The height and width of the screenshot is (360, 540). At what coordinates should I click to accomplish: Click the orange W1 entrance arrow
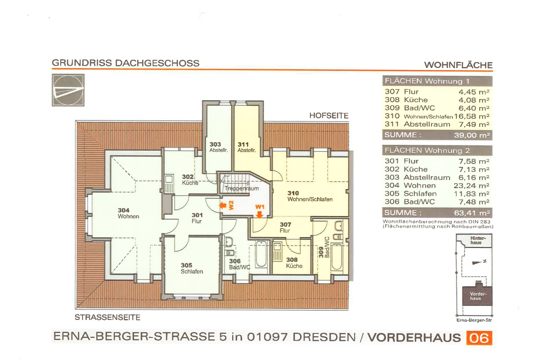point(259,214)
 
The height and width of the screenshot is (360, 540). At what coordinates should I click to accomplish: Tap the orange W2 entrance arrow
point(222,206)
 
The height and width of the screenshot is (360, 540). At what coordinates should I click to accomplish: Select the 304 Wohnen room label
point(128,213)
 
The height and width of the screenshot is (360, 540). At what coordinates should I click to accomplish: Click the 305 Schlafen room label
point(192,268)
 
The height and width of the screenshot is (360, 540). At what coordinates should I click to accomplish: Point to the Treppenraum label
point(242,189)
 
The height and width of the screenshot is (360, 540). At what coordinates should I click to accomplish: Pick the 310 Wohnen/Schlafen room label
point(310,196)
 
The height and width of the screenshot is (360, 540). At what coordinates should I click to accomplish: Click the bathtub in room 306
point(261,253)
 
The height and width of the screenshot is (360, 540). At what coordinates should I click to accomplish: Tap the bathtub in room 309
point(337,256)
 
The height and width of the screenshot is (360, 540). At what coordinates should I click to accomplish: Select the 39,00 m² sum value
point(472,135)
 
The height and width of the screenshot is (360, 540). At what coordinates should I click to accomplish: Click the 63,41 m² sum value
point(472,213)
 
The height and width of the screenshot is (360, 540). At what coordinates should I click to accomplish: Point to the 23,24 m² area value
point(471,186)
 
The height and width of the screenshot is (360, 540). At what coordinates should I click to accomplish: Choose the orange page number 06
point(479,338)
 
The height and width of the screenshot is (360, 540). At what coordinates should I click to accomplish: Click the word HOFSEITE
point(329,116)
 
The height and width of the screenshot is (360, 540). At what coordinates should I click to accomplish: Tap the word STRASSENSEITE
point(108,317)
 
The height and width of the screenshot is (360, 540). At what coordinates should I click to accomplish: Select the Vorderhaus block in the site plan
point(477,296)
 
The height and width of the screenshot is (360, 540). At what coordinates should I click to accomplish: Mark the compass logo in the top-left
point(68,90)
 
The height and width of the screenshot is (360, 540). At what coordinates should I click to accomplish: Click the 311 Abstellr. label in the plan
point(247,147)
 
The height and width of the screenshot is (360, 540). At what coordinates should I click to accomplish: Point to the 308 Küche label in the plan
point(294,263)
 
